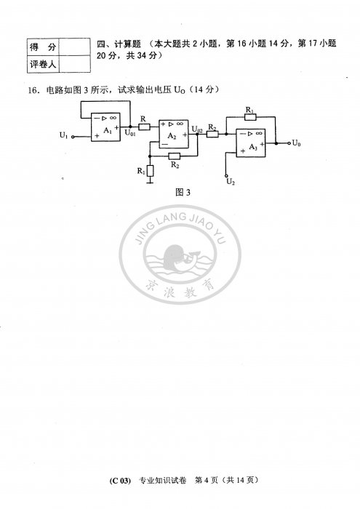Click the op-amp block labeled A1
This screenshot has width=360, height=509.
(x=105, y=127)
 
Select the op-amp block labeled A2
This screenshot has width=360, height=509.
(x=174, y=134)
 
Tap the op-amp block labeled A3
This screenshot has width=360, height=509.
(x=251, y=143)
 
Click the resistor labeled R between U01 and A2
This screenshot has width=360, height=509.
(x=144, y=127)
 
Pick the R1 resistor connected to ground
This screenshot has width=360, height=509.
(x=150, y=171)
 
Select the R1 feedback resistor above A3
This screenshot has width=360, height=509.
(x=250, y=117)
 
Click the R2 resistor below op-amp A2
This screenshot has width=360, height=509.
(x=175, y=156)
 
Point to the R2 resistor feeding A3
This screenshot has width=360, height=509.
(x=212, y=134)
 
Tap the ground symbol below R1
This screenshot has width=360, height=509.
(x=150, y=182)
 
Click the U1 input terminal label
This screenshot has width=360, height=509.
(x=64, y=135)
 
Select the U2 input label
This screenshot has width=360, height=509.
(x=231, y=182)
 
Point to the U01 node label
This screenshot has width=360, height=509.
(x=130, y=132)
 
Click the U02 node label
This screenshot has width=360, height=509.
(x=197, y=129)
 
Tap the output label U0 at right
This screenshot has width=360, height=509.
(x=297, y=143)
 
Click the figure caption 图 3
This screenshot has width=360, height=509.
(x=183, y=193)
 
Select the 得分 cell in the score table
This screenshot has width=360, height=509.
(x=43, y=47)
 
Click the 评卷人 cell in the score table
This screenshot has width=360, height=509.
(x=43, y=64)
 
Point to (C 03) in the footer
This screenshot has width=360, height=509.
(x=120, y=481)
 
